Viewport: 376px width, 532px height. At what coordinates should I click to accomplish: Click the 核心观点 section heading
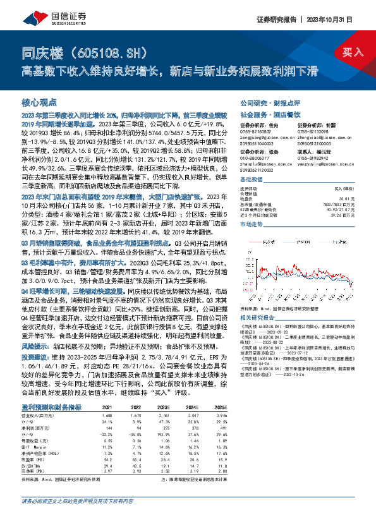(39, 101)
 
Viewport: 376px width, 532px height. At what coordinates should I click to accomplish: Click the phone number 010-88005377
(255, 150)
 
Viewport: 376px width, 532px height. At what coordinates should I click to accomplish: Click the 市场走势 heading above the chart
(252, 224)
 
